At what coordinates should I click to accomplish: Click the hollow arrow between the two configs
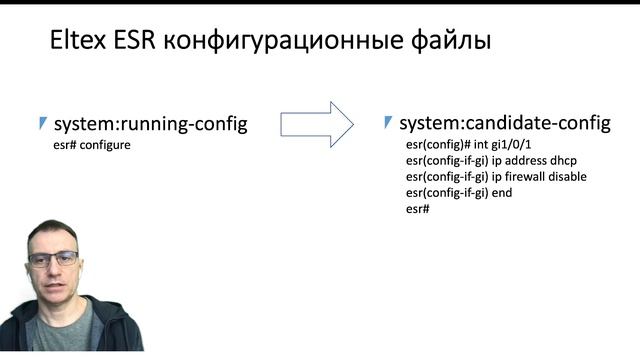(316, 123)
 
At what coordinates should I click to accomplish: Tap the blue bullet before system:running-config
(42, 123)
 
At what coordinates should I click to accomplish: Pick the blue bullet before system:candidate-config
(388, 123)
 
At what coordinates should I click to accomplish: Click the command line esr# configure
(93, 145)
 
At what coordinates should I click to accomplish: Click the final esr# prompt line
(418, 208)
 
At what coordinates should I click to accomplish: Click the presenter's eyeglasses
(53, 258)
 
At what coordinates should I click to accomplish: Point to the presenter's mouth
(55, 287)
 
